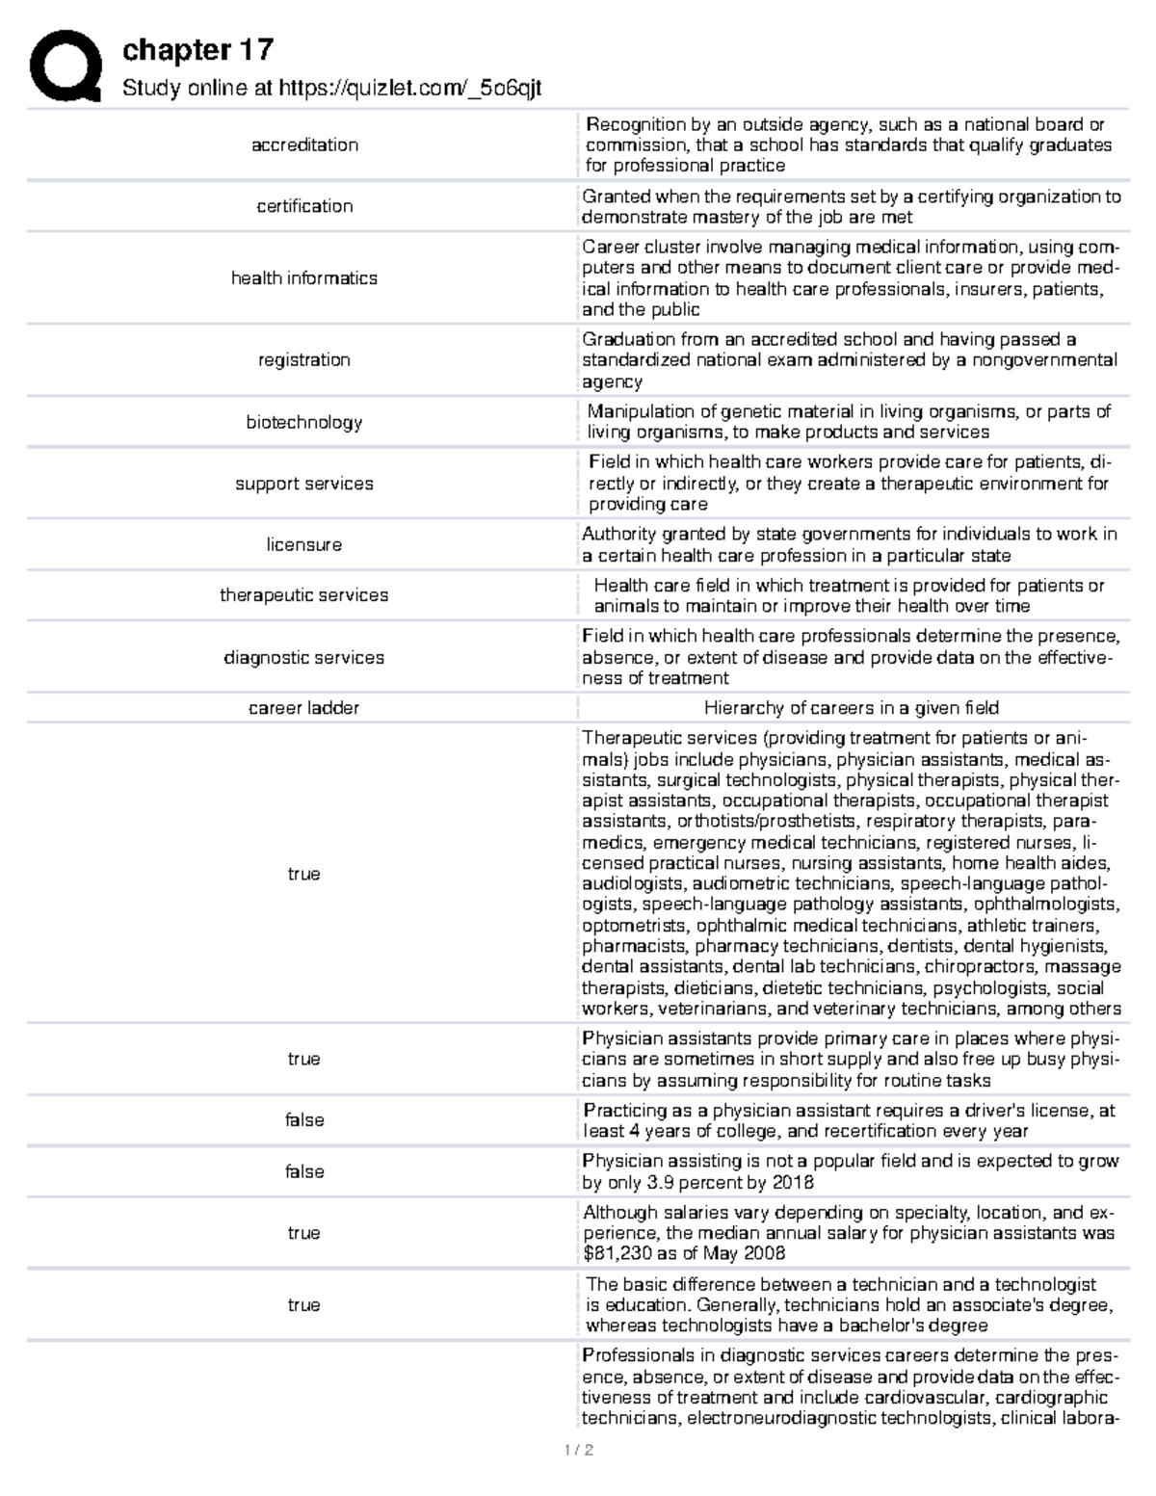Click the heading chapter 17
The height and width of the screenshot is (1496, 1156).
197,50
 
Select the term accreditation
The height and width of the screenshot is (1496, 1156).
304,145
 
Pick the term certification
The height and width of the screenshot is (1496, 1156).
304,206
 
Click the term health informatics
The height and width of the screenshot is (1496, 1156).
304,278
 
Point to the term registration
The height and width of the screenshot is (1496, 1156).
304,360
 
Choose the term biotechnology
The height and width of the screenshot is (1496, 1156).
304,422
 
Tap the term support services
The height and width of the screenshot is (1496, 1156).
304,484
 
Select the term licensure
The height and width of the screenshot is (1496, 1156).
304,545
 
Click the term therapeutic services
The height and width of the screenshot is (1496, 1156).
304,595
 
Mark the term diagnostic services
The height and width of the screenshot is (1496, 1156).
304,658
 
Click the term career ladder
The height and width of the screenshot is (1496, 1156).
304,708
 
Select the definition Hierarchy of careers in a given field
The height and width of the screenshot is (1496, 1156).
851,708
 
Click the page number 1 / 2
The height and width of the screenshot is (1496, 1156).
578,1451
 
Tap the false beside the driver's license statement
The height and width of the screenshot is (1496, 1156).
304,1120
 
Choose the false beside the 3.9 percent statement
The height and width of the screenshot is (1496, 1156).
304,1171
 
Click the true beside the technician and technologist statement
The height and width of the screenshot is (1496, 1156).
304,1305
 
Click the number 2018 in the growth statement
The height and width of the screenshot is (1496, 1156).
792,1183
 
